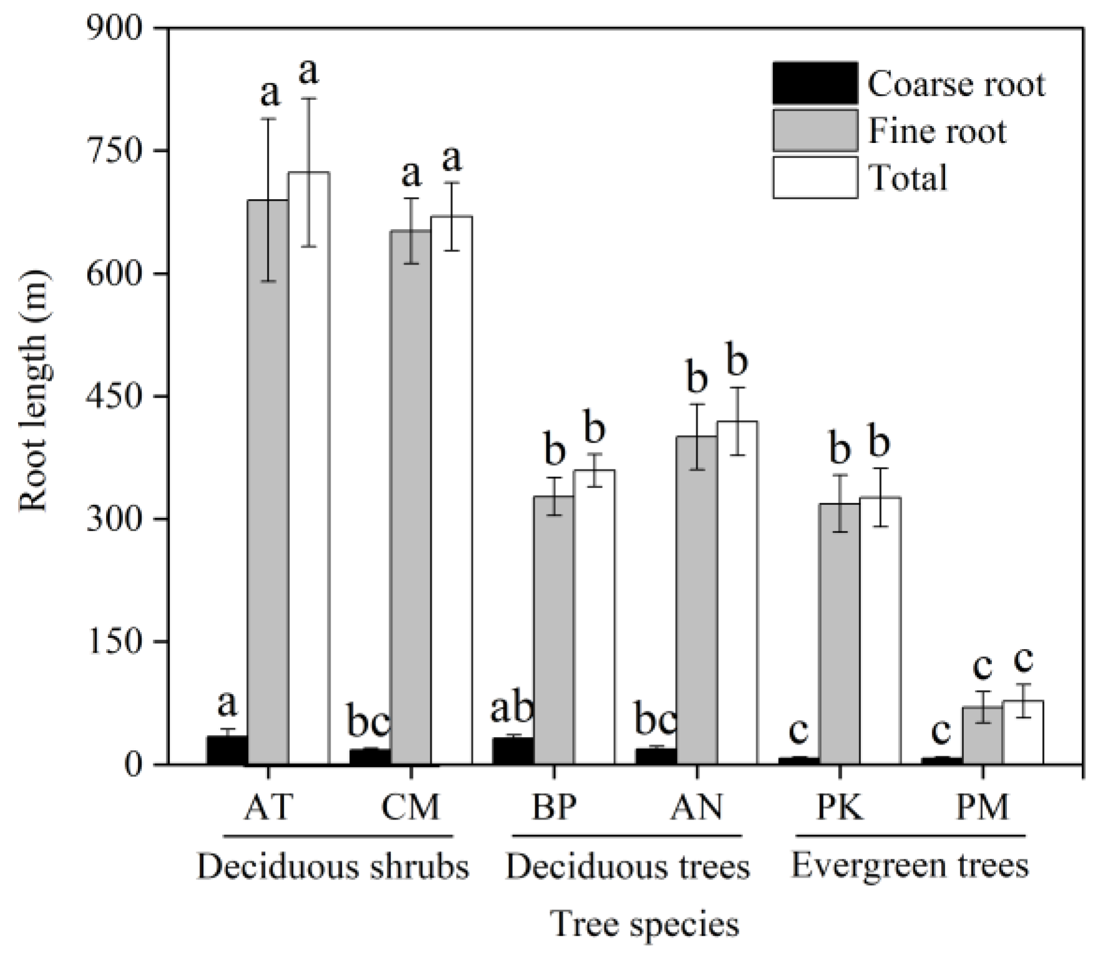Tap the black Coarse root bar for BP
513,751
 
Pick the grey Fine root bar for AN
696,599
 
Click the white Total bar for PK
880,630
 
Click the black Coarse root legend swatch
815,83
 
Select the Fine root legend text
936,132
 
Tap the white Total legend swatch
815,178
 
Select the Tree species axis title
645,924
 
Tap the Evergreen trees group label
910,866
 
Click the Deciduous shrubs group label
333,867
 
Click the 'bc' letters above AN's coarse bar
655,721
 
